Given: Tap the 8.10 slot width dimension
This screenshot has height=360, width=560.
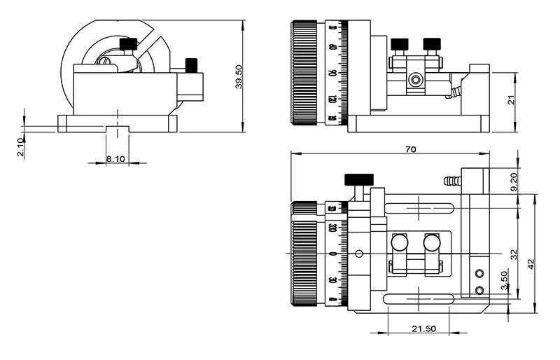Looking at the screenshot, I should (x=115, y=159).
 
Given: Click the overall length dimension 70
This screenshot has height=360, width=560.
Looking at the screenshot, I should (x=410, y=148).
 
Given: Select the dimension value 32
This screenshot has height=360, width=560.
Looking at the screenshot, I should (x=513, y=253).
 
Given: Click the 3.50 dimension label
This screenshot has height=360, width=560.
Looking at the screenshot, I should (x=504, y=281).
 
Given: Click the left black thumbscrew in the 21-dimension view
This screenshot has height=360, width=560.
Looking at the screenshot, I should (x=400, y=46).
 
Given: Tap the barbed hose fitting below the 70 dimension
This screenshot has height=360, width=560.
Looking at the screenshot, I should (x=452, y=181).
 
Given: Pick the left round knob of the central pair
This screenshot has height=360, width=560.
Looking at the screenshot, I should (x=400, y=242).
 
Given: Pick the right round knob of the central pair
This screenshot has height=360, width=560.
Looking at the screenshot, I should (x=432, y=242).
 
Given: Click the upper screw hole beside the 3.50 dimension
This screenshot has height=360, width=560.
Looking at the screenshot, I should (x=479, y=273).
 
